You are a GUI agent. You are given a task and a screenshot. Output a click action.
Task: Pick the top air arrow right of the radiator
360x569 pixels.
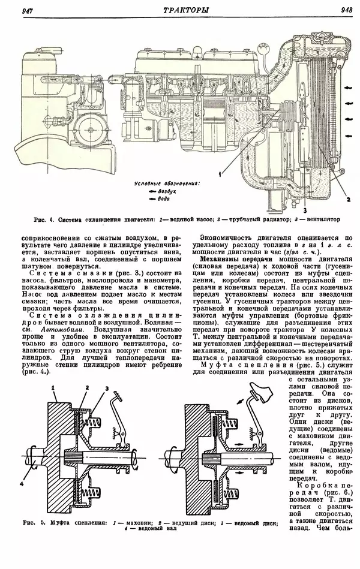tap(349, 88)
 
